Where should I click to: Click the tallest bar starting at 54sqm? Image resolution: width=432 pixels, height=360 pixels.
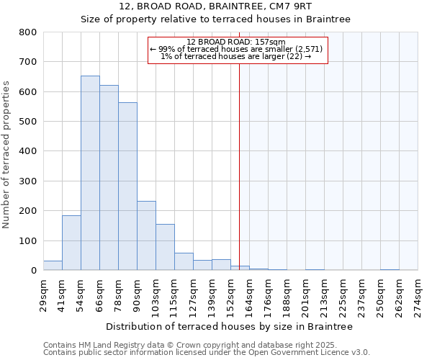(x=90, y=173)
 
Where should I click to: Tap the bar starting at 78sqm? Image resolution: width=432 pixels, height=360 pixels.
(x=127, y=186)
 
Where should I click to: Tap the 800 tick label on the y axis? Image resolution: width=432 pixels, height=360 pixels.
(x=28, y=32)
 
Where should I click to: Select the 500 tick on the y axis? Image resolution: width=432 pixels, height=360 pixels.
(x=28, y=122)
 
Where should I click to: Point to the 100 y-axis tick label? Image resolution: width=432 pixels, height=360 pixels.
(x=28, y=240)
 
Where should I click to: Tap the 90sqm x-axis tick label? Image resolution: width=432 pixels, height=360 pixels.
(x=137, y=293)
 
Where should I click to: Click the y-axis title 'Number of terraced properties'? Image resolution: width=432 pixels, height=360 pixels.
(x=6, y=155)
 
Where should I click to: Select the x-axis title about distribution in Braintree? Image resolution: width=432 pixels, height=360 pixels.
(x=229, y=326)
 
